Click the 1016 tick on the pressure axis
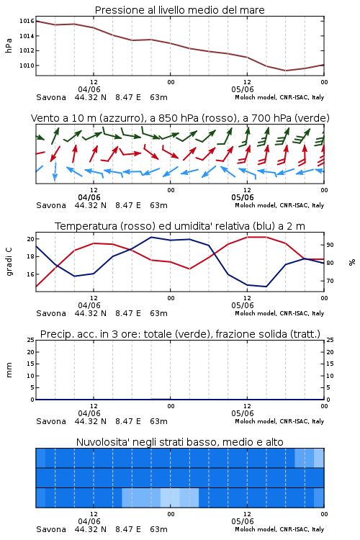27,21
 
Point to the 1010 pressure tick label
27,66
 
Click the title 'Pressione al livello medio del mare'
180,10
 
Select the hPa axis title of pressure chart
9,45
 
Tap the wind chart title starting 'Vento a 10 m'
180,118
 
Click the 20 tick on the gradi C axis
30,239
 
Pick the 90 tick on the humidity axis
330,245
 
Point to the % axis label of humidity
352,262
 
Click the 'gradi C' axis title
9,262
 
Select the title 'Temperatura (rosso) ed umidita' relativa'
180,226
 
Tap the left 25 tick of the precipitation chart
30,340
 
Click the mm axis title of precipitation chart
9,370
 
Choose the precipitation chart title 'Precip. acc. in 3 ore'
180,334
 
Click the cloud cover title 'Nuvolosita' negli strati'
180,442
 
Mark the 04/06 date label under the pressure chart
89,89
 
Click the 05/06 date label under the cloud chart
243,521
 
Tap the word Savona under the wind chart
51,205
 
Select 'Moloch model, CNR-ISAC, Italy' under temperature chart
279,313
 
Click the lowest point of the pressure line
285,71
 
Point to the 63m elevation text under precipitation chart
159,421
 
